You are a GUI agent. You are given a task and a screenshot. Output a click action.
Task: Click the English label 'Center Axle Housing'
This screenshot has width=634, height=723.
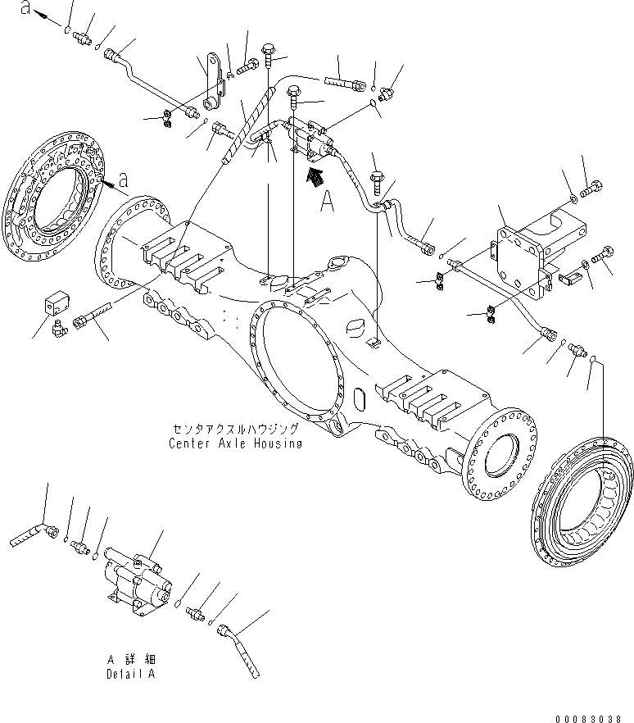[x=235, y=443]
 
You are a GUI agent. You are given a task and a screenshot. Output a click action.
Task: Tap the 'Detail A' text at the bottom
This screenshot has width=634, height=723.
[x=129, y=674]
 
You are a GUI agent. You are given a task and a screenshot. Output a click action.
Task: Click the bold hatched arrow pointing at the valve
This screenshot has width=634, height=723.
[x=312, y=176]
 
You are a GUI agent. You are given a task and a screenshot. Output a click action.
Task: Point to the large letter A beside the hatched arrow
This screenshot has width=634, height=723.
[x=328, y=201]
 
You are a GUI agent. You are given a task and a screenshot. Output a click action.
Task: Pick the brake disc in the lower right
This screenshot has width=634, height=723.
[x=582, y=500]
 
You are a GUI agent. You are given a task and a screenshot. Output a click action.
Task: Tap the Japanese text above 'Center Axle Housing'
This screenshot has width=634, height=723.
[x=235, y=429]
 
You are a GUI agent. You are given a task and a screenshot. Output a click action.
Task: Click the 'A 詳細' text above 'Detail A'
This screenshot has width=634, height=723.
[x=129, y=659]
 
